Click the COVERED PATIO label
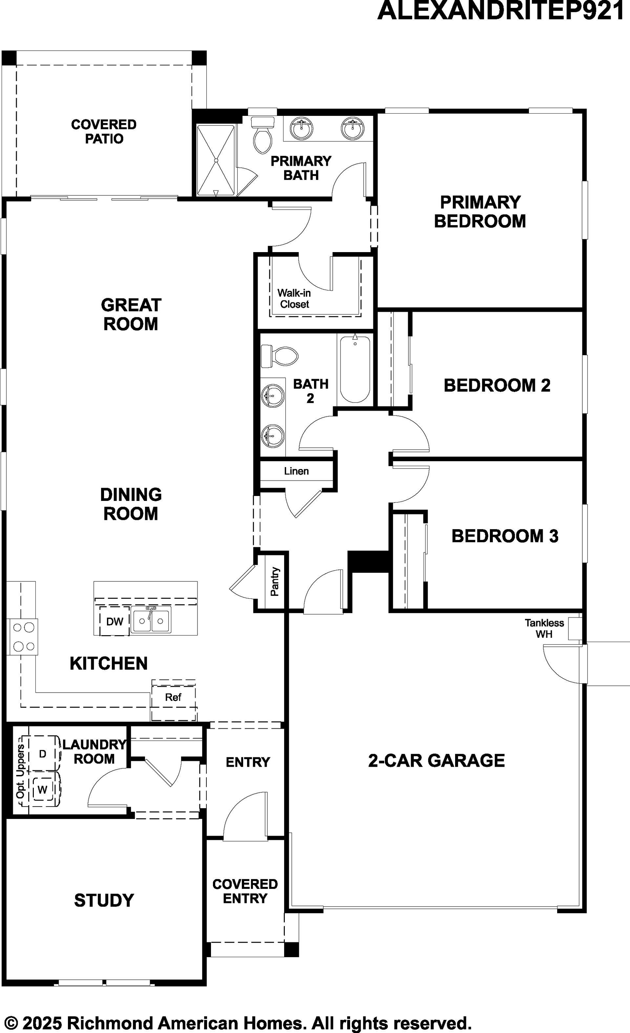pyautogui.click(x=104, y=131)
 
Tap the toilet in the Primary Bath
pyautogui.click(x=262, y=135)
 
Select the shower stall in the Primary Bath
pyautogui.click(x=216, y=160)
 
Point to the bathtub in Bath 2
pyautogui.click(x=355, y=369)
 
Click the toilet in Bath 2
pyautogui.click(x=279, y=356)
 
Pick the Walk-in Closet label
pyautogui.click(x=294, y=298)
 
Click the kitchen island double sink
pyautogui.click(x=151, y=620)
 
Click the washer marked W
pyautogui.click(x=43, y=790)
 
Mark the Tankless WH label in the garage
pyautogui.click(x=544, y=629)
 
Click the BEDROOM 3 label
pyautogui.click(x=505, y=536)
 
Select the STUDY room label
pyautogui.click(x=104, y=900)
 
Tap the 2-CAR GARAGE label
pyautogui.click(x=436, y=760)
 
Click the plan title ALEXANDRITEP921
pyautogui.click(x=501, y=11)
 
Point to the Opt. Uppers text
pyautogui.click(x=20, y=771)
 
